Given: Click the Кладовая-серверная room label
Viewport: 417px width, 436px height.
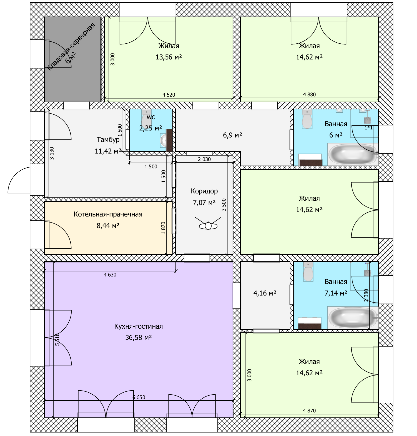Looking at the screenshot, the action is [x=71, y=46].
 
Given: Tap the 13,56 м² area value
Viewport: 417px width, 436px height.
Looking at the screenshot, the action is [x=169, y=57].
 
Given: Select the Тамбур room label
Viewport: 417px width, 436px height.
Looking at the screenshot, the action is [x=108, y=139].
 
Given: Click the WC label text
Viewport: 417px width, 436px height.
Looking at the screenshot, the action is [x=151, y=117].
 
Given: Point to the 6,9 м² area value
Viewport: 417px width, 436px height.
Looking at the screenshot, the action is [x=232, y=135].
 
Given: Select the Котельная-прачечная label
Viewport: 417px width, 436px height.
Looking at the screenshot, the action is [x=108, y=214].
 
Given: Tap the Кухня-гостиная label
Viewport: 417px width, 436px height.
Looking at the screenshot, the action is [x=138, y=326].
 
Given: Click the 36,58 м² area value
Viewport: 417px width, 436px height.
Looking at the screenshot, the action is [x=138, y=338].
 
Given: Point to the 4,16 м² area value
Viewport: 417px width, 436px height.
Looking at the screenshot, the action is [x=265, y=293].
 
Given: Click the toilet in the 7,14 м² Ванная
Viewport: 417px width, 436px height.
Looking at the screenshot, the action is [x=308, y=271].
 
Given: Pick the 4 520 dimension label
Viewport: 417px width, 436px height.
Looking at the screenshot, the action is [x=169, y=95].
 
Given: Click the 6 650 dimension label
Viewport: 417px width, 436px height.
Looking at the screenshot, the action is [x=139, y=397].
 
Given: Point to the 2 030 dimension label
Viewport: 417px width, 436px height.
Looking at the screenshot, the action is [x=204, y=159].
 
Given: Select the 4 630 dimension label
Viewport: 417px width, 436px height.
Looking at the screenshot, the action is [x=110, y=275].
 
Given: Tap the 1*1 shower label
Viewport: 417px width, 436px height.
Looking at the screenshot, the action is [x=369, y=128].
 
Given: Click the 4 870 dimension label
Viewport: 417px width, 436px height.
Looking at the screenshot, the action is [x=309, y=411].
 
